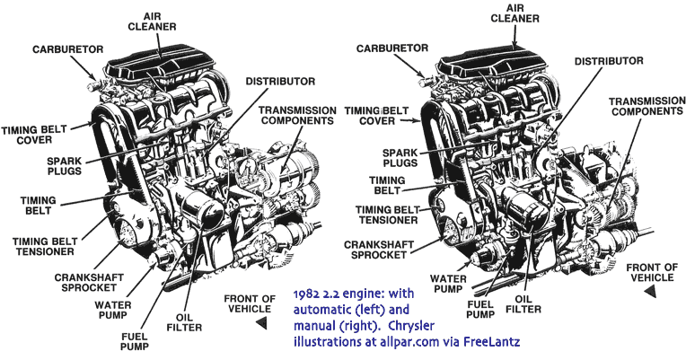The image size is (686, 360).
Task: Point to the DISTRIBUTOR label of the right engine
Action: click(609, 61)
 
